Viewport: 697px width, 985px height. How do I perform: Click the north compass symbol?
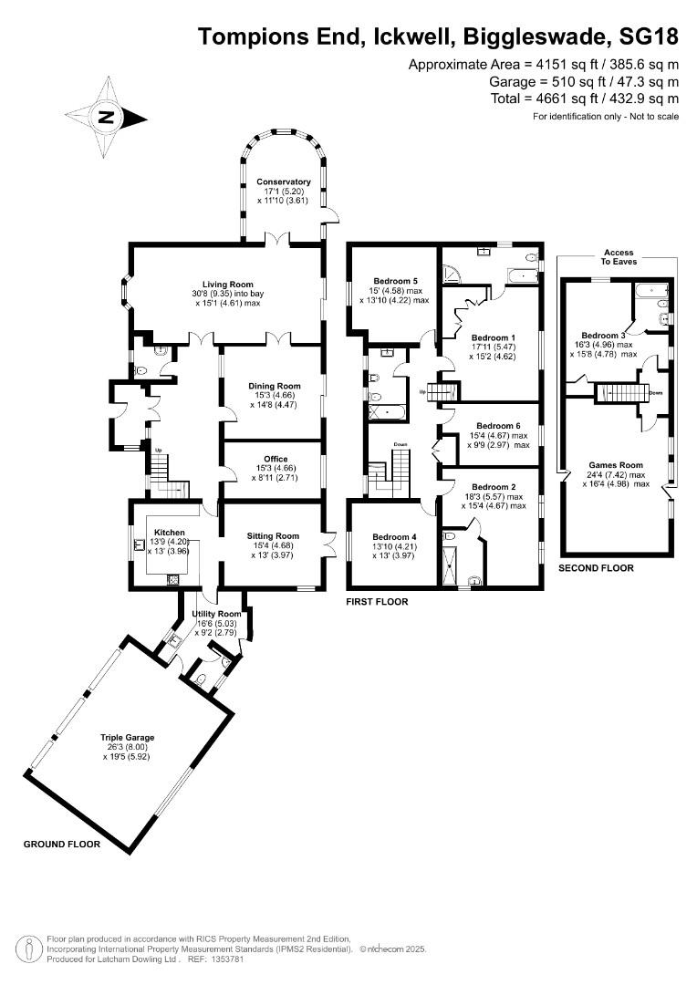point(107,117)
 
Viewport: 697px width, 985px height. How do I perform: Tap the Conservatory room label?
point(284,181)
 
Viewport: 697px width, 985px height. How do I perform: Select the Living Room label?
point(228,284)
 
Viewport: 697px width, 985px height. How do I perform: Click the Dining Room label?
point(275,386)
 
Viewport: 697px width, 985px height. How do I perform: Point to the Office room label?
point(275,459)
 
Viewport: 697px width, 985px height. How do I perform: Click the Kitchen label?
point(170,533)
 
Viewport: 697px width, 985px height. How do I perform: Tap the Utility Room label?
point(216,614)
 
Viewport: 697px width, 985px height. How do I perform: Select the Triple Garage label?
point(128,736)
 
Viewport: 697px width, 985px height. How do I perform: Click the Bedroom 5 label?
point(395,281)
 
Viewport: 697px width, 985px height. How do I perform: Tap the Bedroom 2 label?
point(494,487)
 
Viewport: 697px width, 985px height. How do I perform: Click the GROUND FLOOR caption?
point(62,845)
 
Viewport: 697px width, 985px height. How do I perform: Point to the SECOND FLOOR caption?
point(596,567)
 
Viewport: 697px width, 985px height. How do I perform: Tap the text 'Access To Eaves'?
point(619,256)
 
